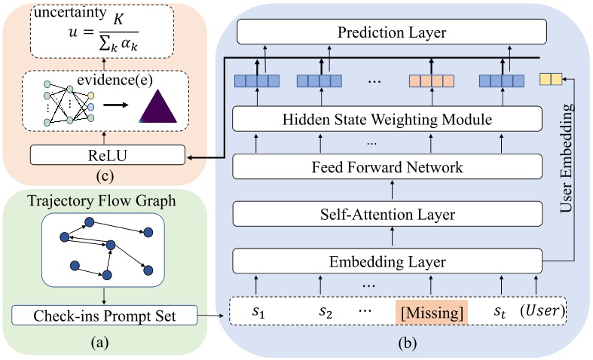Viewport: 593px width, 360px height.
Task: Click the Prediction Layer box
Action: pos(390,32)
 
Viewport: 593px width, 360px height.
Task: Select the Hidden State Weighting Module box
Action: pos(387,118)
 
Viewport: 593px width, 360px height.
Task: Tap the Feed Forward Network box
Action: pos(387,166)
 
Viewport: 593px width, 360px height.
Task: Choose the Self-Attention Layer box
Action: pos(387,215)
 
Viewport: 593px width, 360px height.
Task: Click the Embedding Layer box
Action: pos(387,262)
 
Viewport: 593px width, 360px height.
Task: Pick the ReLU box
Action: pos(106,155)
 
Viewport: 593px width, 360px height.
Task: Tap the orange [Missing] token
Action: pos(432,311)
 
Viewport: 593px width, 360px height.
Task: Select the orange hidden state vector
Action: pos(432,80)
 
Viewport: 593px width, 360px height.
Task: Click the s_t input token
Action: pos(500,311)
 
